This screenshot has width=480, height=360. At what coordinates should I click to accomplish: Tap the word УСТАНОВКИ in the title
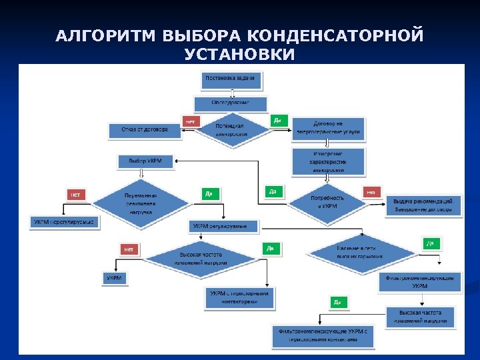[239, 54]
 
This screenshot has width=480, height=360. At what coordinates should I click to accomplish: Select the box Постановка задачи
[231, 79]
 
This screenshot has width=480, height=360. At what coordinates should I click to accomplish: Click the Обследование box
[230, 103]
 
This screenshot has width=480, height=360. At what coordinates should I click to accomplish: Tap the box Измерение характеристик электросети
[328, 161]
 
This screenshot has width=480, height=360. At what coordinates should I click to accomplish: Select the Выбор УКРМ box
[145, 161]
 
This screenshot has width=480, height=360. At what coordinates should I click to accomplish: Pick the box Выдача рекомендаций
[423, 205]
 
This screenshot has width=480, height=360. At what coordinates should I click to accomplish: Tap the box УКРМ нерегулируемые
[65, 221]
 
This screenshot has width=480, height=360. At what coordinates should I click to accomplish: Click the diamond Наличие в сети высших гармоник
[360, 253]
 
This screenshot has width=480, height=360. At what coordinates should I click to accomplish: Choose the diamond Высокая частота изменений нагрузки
[200, 258]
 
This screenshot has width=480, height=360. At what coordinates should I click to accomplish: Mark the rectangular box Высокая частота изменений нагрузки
[419, 317]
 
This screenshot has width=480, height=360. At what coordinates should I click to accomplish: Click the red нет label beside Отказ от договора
[191, 121]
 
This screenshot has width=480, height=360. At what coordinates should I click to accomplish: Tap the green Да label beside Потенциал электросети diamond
[277, 121]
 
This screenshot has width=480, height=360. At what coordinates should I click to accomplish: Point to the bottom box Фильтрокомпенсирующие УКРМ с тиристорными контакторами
[323, 335]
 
